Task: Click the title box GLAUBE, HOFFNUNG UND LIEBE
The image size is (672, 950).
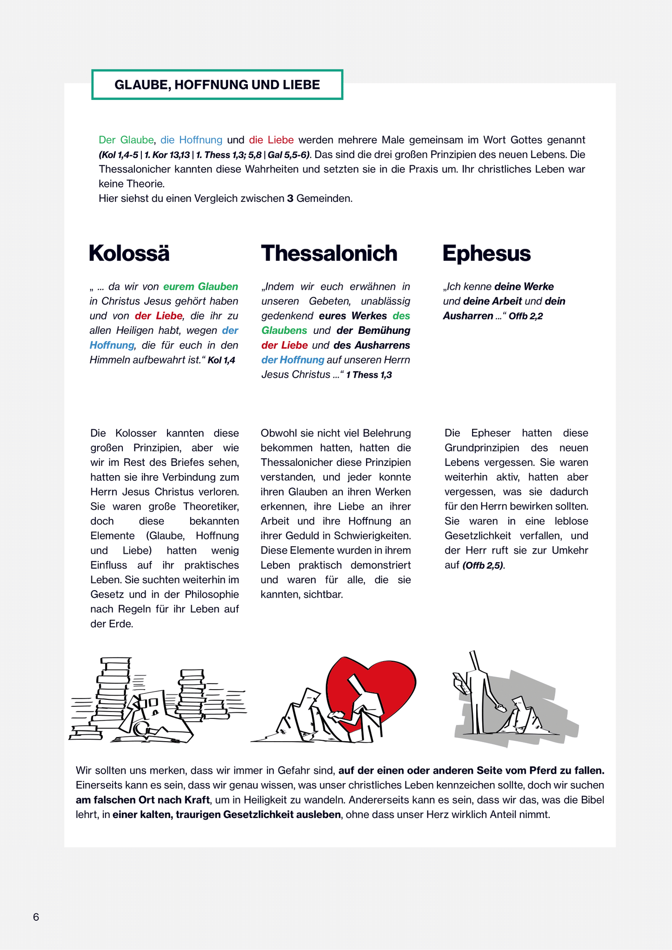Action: (217, 85)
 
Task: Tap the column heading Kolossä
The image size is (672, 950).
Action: (129, 253)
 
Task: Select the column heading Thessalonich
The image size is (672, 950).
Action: (329, 253)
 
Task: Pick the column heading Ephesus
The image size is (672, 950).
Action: (486, 253)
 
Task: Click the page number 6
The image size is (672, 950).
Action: (36, 917)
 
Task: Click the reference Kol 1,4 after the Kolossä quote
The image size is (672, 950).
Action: (221, 360)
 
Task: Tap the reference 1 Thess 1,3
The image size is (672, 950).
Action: (369, 375)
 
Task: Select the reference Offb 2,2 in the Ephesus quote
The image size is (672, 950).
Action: (526, 316)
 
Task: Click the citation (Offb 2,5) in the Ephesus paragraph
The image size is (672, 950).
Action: (483, 565)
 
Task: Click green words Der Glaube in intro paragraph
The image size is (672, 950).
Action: (126, 140)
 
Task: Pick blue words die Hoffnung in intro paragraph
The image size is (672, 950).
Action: (191, 140)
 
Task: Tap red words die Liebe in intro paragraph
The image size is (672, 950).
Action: (271, 140)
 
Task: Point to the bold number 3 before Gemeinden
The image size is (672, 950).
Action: (290, 199)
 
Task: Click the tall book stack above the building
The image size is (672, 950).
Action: (113, 688)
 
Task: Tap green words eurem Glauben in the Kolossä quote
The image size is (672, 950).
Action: (200, 287)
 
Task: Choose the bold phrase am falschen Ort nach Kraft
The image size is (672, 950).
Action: (143, 800)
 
